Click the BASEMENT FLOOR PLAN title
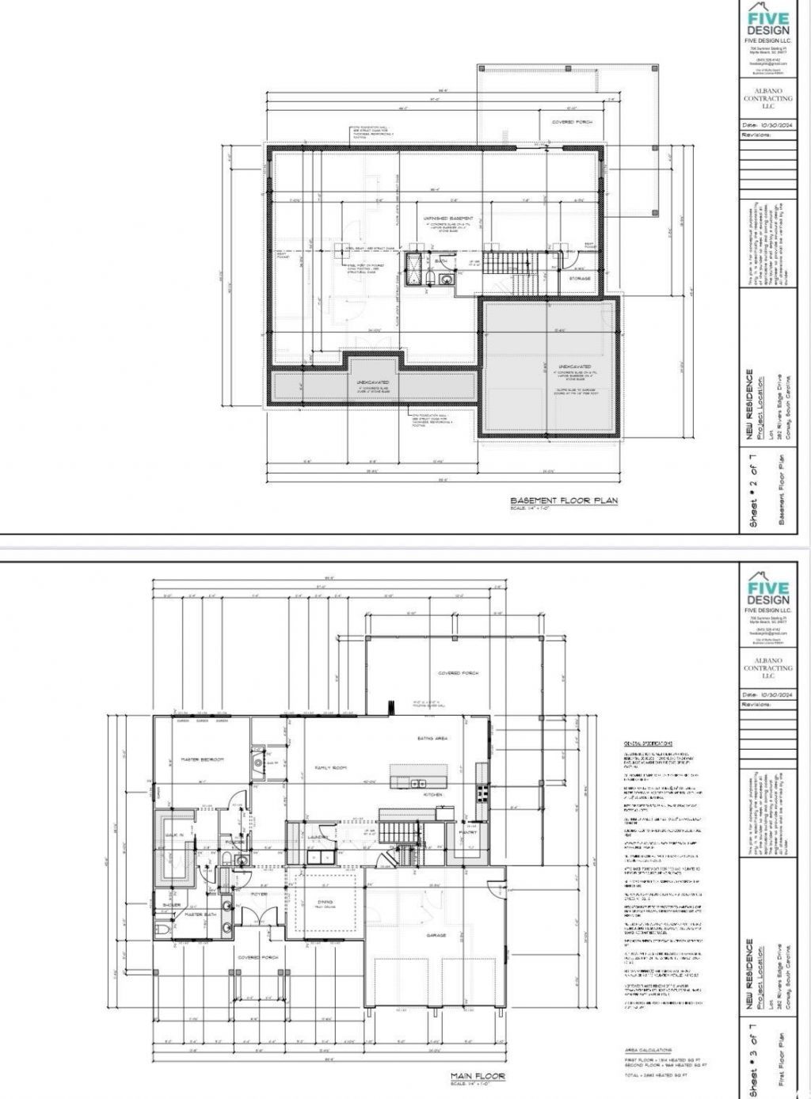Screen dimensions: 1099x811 [x=563, y=500]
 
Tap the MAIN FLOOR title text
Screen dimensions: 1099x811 [x=478, y=1075]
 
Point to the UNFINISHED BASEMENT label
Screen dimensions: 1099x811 [x=449, y=218]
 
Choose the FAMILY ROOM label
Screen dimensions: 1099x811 [x=331, y=767]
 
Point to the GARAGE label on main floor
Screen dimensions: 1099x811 [x=436, y=935]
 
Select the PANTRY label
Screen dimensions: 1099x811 [x=467, y=831]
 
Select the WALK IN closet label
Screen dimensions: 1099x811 [x=174, y=835]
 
